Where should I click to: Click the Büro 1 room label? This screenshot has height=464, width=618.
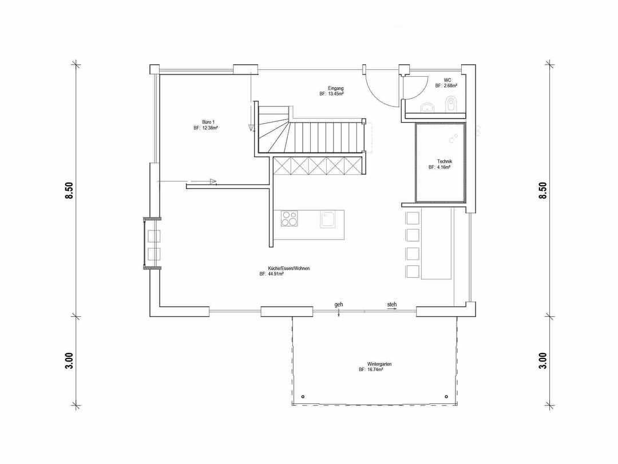click(208, 122)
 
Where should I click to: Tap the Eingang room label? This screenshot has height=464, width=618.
click(336, 88)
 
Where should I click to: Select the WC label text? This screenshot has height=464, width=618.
click(447, 80)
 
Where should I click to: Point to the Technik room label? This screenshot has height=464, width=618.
click(445, 162)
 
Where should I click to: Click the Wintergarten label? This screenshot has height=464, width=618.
click(379, 364)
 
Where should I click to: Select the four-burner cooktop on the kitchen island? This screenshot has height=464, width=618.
click(290, 219)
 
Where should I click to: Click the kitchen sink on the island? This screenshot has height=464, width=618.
click(327, 219)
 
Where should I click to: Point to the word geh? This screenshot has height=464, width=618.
click(339, 305)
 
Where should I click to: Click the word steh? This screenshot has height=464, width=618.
click(392, 305)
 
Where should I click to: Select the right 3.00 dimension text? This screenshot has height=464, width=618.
click(542, 361)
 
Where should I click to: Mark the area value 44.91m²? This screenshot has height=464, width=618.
click(276, 274)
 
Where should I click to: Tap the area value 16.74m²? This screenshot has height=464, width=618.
click(375, 369)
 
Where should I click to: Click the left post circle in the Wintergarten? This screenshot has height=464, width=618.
click(303, 396)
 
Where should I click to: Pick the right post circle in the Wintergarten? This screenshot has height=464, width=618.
click(446, 396)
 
